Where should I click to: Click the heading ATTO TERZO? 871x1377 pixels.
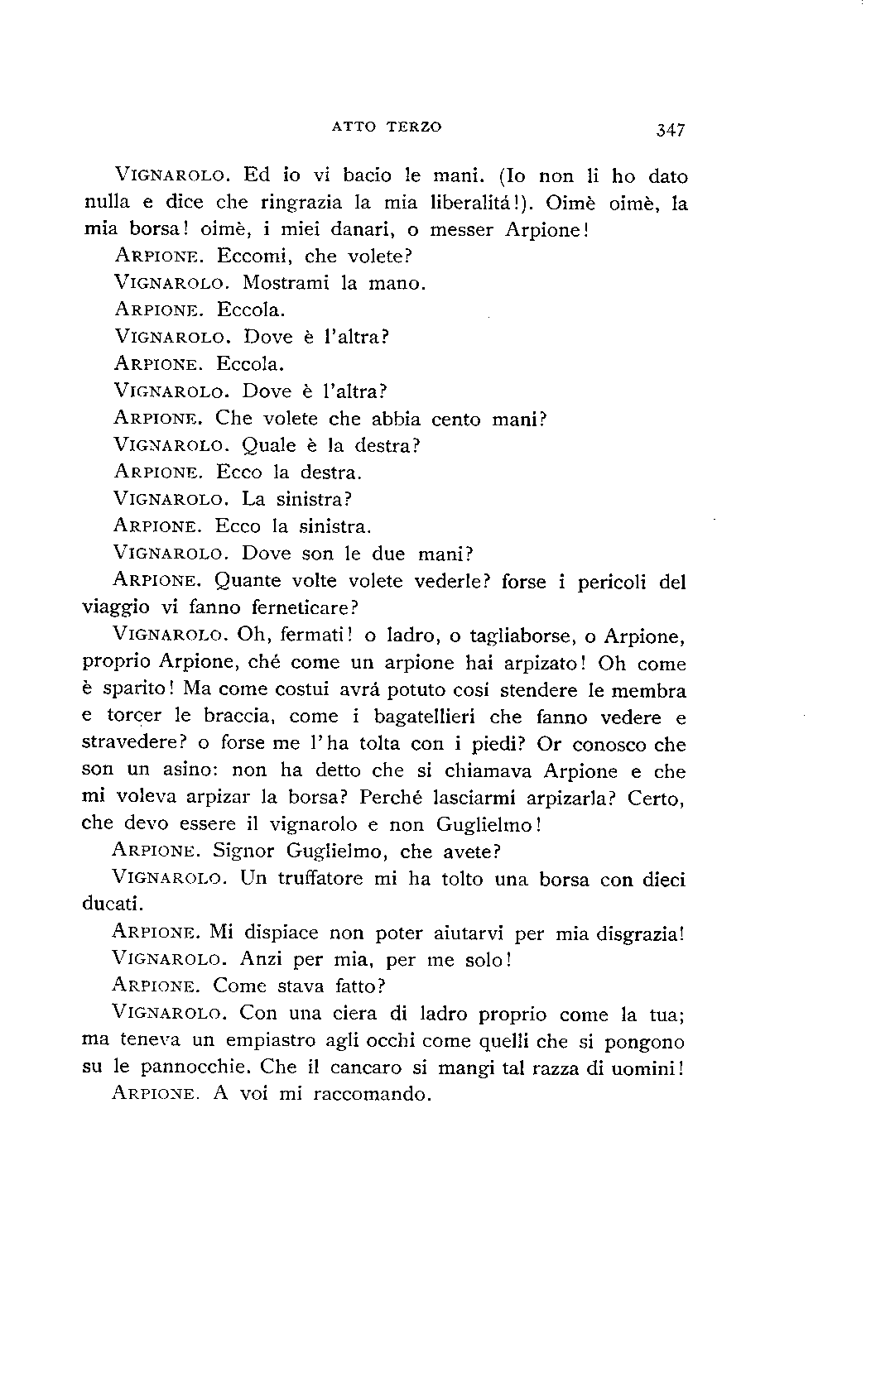click(387, 127)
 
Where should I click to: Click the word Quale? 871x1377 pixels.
click(269, 446)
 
